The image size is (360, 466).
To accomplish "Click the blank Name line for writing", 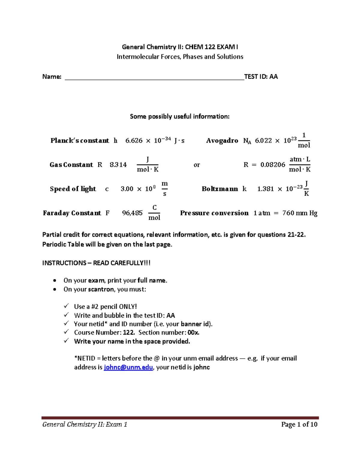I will click(x=154, y=77).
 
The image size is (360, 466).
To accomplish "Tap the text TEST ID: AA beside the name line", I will click(x=261, y=77).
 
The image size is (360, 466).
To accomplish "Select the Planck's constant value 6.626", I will click(x=134, y=141).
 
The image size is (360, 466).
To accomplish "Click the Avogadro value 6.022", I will click(x=263, y=141).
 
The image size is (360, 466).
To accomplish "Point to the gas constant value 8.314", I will click(x=118, y=165).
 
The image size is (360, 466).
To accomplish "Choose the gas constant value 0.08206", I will click(x=273, y=165).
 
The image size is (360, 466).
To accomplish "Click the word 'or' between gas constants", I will click(x=197, y=165).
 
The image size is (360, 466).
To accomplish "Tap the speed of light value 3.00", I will click(x=127, y=189).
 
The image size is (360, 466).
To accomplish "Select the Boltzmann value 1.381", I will click(x=265, y=189).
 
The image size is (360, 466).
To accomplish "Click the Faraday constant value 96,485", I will click(x=132, y=213).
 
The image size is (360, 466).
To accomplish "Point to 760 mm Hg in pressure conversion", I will click(x=300, y=213).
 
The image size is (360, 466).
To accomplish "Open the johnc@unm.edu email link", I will click(x=128, y=367).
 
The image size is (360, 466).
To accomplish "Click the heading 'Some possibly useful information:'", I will click(x=180, y=116).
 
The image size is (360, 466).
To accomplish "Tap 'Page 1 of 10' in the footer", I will click(x=299, y=424).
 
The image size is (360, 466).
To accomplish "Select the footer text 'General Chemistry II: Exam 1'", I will click(x=85, y=424).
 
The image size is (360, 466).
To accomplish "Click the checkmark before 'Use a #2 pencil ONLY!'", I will click(x=66, y=306).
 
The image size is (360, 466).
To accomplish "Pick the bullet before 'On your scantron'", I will click(x=54, y=290).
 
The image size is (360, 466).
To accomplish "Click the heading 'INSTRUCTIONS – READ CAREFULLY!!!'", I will click(x=96, y=263).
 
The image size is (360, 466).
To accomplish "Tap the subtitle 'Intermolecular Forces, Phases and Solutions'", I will click(x=180, y=57).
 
